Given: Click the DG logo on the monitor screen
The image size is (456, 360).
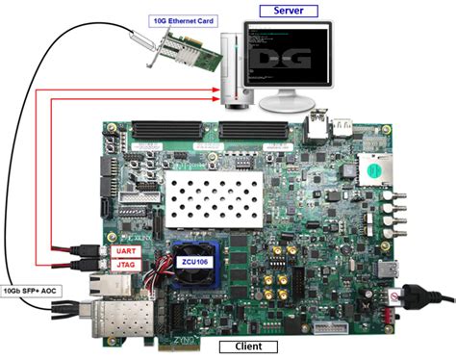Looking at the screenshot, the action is pyautogui.click(x=289, y=57).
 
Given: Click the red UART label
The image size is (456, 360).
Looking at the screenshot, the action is pyautogui.click(x=126, y=250).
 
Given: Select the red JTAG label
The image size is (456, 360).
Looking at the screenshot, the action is pyautogui.click(x=126, y=265).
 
